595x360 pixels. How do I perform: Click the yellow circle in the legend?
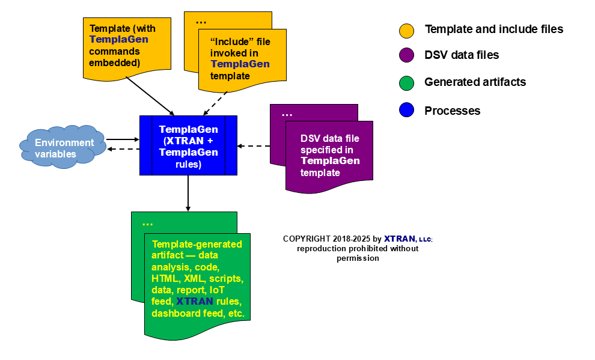click(407, 30)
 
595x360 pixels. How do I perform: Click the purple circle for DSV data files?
click(407, 56)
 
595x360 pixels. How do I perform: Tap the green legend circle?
click(407, 83)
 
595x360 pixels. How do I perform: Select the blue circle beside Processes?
click(407, 111)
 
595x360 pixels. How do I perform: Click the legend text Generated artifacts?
click(475, 82)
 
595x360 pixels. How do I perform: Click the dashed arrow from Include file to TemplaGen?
click(216, 103)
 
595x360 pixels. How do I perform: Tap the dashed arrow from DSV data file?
click(254, 145)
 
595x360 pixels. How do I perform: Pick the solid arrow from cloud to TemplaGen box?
click(123, 139)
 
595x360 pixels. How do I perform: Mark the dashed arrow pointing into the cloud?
click(123, 149)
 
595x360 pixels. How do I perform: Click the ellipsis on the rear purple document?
click(287, 114)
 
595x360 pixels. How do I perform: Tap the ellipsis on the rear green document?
click(147, 224)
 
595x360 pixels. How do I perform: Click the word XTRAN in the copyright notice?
click(400, 239)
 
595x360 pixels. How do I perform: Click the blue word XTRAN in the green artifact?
click(195, 301)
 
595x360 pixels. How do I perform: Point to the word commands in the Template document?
click(110, 51)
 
